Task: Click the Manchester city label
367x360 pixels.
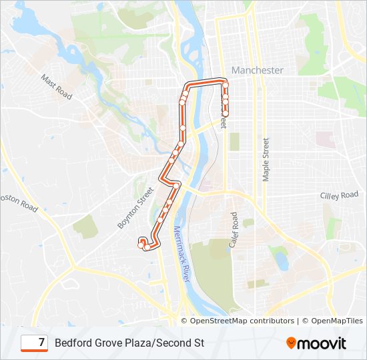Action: click(x=257, y=70)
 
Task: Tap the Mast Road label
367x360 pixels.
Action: click(x=56, y=87)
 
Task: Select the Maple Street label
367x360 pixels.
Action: click(x=266, y=159)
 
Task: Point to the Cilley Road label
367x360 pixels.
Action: click(x=340, y=195)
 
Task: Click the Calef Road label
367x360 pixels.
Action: click(x=234, y=231)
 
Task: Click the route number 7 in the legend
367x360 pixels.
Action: click(x=41, y=343)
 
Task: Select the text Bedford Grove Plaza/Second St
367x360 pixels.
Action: click(x=129, y=343)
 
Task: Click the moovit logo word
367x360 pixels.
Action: click(x=322, y=343)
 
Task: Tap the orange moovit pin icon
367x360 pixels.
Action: click(x=292, y=343)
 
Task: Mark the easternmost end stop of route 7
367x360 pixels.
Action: click(x=226, y=114)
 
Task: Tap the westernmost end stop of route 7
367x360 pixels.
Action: click(x=141, y=245)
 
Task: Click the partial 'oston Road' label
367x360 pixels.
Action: click(x=19, y=202)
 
